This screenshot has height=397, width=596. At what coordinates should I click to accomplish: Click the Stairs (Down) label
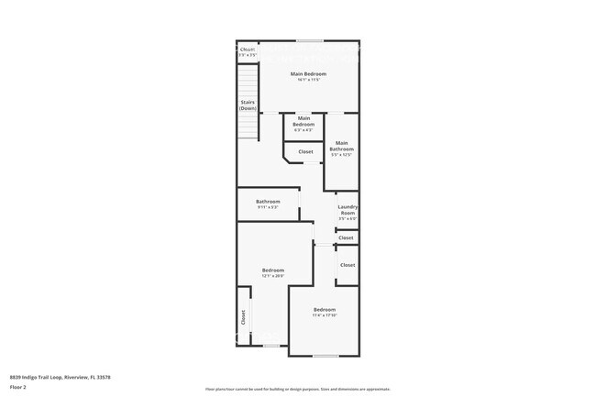click(x=248, y=106)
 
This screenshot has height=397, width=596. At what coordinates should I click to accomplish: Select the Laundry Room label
click(x=347, y=210)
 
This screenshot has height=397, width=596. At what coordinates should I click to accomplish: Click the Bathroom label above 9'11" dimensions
click(x=268, y=202)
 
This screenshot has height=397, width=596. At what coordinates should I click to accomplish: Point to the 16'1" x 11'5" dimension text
click(x=308, y=80)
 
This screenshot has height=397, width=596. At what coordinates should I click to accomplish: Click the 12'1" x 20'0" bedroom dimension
click(x=273, y=276)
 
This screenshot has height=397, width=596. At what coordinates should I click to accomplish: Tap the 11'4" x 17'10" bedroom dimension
click(x=325, y=315)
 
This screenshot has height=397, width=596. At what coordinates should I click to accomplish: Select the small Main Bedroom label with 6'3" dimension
click(x=304, y=120)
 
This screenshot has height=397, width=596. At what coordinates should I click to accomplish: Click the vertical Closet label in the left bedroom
click(x=243, y=317)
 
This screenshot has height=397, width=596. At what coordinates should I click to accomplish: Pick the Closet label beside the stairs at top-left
click(x=248, y=50)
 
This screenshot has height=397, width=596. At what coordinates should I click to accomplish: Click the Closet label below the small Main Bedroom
click(x=305, y=151)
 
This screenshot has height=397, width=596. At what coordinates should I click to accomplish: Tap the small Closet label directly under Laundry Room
click(x=346, y=237)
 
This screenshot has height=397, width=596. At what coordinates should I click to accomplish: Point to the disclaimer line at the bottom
click(x=297, y=389)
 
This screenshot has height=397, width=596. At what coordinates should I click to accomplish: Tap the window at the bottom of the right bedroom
click(x=326, y=356)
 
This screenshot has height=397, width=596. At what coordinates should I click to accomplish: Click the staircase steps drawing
click(x=248, y=125)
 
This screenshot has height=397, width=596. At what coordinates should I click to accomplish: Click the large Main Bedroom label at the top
click(x=308, y=73)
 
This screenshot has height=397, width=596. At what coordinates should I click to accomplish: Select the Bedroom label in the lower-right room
click(x=325, y=309)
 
